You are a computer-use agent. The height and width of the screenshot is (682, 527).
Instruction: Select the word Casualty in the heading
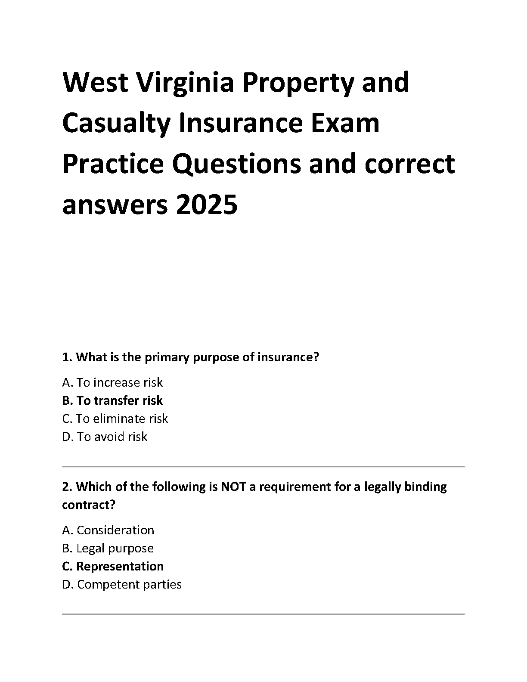tap(116, 123)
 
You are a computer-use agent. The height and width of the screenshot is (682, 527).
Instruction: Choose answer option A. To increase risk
tap(112, 382)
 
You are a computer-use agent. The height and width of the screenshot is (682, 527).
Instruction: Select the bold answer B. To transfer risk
tap(112, 400)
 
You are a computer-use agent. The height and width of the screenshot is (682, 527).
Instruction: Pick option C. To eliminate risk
tap(115, 418)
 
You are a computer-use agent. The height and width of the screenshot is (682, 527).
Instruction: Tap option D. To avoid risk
tap(105, 437)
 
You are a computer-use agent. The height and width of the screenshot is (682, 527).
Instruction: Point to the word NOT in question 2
tap(233, 487)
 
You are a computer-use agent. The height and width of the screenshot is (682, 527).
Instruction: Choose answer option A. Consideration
tap(108, 530)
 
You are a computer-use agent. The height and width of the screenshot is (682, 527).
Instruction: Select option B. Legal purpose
tap(108, 548)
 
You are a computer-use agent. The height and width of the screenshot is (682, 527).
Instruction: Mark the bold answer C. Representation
tap(113, 566)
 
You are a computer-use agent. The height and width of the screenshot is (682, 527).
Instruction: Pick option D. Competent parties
tap(122, 584)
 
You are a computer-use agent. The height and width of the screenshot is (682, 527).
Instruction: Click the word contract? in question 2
tap(89, 505)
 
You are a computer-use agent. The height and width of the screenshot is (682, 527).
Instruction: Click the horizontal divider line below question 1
tap(263, 466)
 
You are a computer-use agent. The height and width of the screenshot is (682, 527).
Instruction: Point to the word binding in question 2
tap(426, 487)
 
